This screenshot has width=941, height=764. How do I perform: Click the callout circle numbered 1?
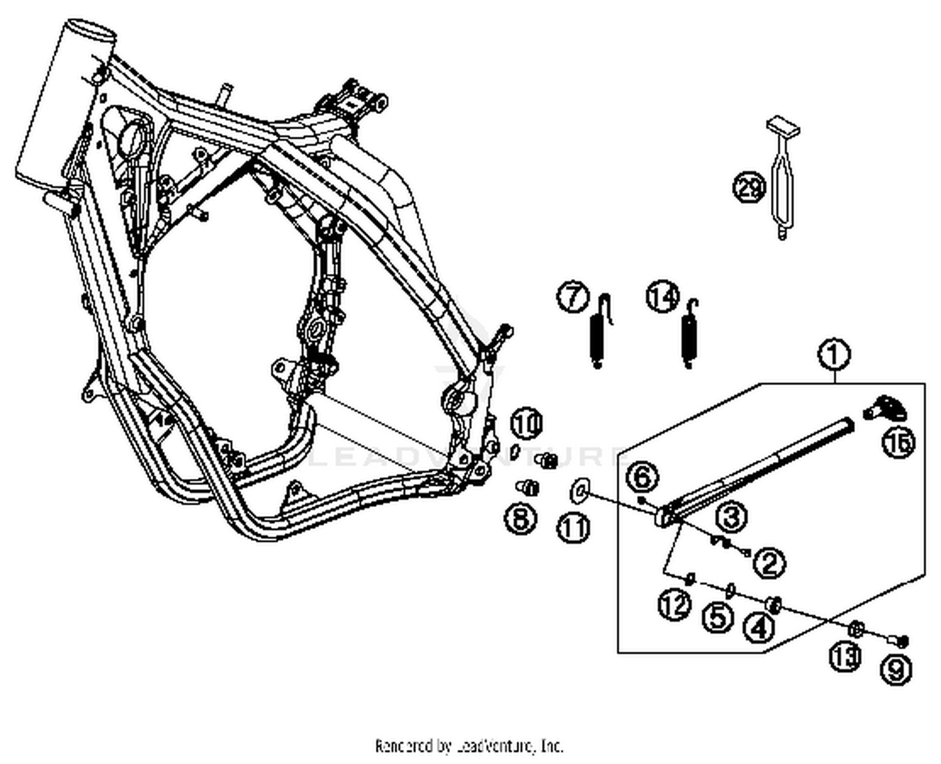[834, 355]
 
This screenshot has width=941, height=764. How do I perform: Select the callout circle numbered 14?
[663, 296]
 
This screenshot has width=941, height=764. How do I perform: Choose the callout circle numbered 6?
[642, 478]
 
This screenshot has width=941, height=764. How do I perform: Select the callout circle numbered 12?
[674, 605]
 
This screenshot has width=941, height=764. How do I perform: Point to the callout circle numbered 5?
[718, 617]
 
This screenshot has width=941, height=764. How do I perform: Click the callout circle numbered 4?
[759, 627]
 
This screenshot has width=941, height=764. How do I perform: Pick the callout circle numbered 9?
[896, 670]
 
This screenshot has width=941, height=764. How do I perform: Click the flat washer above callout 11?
[578, 491]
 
